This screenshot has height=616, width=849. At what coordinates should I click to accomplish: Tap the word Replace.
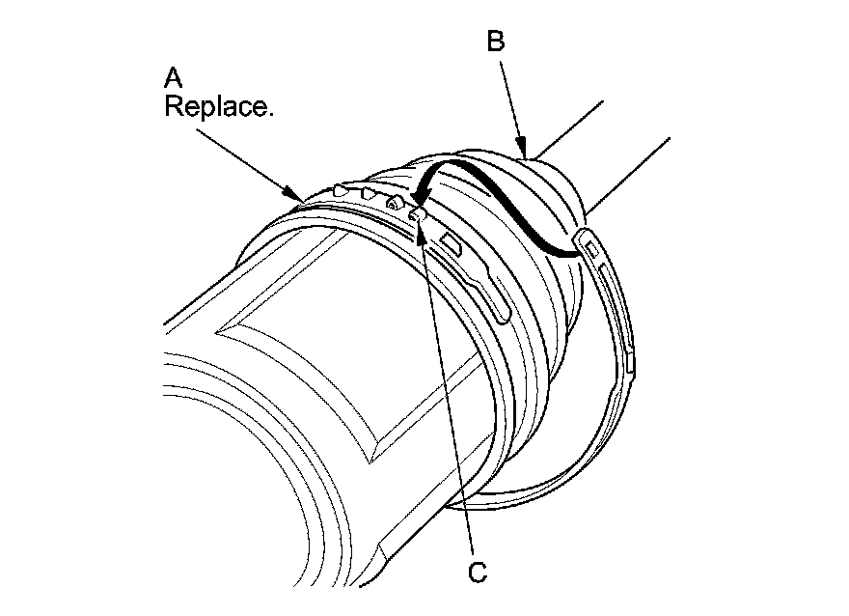(219, 106)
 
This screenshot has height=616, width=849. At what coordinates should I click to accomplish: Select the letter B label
(495, 42)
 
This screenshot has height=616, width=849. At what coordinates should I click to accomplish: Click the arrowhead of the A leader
(299, 197)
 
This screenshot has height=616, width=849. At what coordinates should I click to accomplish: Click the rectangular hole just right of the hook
(452, 240)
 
